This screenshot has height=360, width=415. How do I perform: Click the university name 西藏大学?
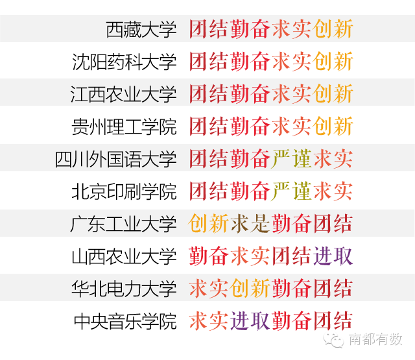click(x=141, y=29)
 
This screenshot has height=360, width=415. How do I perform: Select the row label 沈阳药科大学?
click(x=124, y=62)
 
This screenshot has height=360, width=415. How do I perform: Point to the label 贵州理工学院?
click(x=124, y=126)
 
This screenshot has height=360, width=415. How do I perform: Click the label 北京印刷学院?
click(x=124, y=191)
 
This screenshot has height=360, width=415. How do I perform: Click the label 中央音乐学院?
click(x=124, y=321)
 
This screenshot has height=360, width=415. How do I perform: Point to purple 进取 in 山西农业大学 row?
click(x=333, y=256)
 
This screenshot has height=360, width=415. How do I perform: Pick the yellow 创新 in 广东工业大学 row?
click(x=208, y=224)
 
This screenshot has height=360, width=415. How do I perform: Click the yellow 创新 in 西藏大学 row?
click(x=333, y=29)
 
